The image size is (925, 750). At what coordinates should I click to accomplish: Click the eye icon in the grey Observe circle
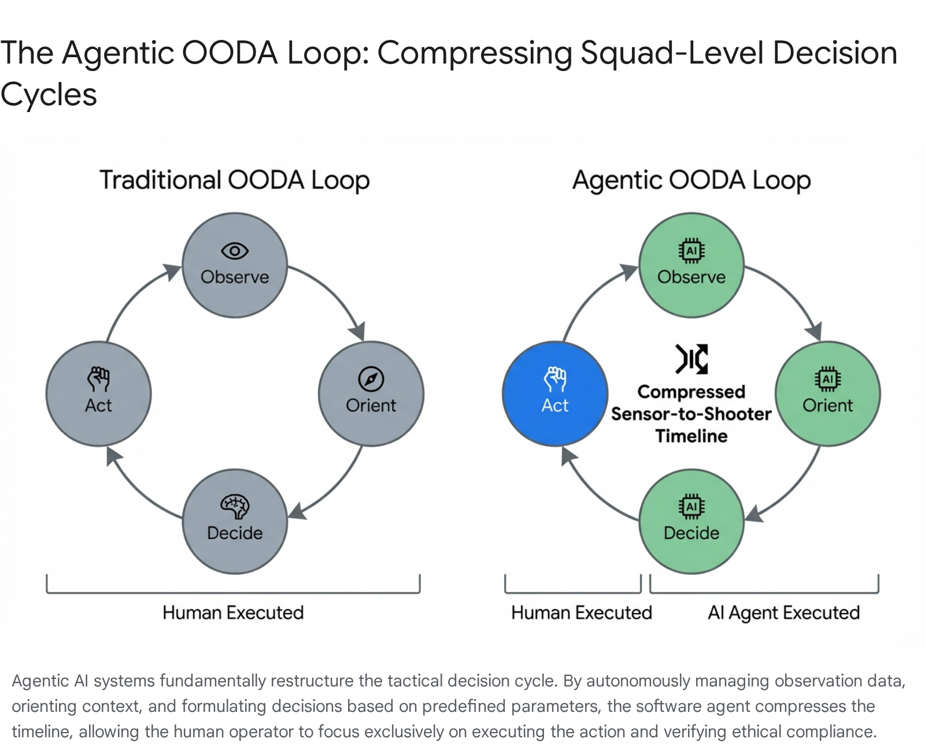point(235,251)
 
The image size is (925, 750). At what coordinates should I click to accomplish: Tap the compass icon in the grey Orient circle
point(371,380)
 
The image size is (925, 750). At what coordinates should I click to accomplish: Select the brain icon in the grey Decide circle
point(235,506)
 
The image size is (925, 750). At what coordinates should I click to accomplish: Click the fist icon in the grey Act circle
point(98,379)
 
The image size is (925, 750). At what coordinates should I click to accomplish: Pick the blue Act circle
point(555,394)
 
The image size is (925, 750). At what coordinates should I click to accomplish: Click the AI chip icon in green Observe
point(691,251)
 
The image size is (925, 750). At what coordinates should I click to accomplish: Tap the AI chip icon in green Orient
point(828,379)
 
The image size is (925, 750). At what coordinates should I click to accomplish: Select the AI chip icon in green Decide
point(691,507)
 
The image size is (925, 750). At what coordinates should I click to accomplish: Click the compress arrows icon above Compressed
point(691,359)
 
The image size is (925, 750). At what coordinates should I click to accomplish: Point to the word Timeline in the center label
point(691,436)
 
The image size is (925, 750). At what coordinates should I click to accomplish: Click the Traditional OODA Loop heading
point(234,180)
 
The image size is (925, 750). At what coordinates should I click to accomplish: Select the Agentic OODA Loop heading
point(691,180)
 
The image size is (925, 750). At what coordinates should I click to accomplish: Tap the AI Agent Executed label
point(783,612)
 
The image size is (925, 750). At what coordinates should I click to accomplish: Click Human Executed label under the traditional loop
point(233,612)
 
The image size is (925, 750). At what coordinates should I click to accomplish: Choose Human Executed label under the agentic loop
point(581,612)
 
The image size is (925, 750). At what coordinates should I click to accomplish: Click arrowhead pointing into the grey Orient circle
point(358,332)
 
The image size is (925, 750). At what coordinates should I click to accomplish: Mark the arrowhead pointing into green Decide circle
point(753,513)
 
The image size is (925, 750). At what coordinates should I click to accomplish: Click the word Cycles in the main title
point(49,95)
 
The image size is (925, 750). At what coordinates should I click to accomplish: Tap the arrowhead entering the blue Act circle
point(569,455)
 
